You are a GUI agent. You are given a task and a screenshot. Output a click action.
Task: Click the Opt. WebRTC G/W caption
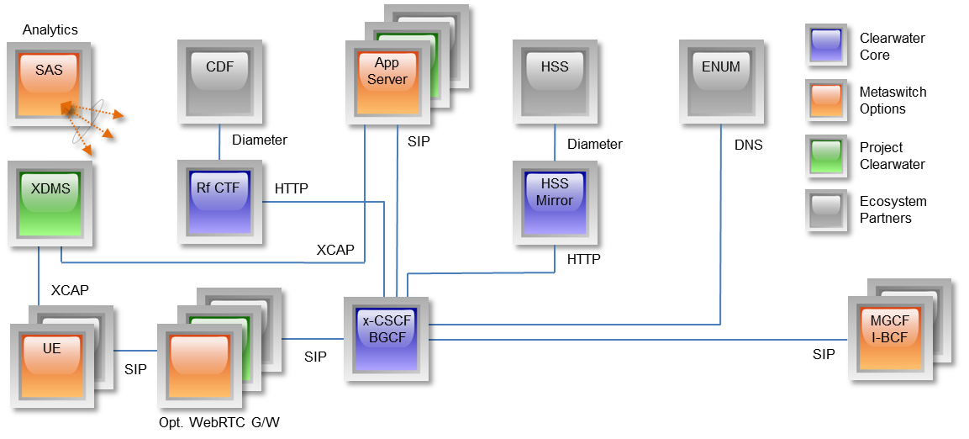pos(219,422)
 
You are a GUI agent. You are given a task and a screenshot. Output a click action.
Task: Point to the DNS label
pos(749,145)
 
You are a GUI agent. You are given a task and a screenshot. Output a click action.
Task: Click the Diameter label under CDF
pos(260,140)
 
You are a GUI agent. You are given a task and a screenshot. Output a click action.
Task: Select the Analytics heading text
pos(50,30)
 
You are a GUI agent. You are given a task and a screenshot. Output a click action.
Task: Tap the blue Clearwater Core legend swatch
pos(829,45)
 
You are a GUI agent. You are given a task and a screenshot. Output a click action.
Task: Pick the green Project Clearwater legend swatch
pos(829,155)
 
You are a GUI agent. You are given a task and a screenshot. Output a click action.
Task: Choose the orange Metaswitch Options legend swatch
pos(829,100)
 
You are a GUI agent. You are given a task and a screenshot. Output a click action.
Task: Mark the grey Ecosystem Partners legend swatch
pos(829,209)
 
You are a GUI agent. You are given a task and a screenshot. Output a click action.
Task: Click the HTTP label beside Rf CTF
pos(292,188)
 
